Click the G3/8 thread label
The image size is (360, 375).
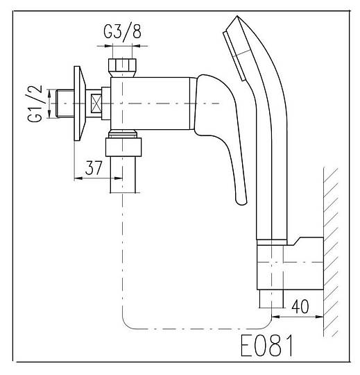(122, 32)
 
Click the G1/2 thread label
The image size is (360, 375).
(35, 103)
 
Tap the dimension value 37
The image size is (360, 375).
(94, 168)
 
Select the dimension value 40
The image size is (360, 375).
(300, 306)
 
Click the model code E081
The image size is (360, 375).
(266, 346)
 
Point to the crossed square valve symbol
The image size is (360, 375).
(96, 103)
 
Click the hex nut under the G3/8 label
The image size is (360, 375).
(122, 68)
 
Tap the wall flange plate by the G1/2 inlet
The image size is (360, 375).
(80, 103)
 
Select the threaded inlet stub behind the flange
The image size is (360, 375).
(65, 103)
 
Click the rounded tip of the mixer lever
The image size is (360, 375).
(241, 200)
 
